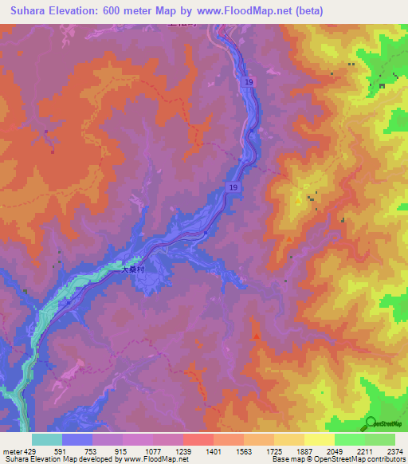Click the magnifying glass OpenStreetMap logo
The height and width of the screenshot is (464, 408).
tap(371, 422)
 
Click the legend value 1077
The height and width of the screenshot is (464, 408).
tap(153, 450)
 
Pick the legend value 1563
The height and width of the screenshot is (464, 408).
tap(244, 450)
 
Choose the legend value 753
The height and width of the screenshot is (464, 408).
tap(92, 450)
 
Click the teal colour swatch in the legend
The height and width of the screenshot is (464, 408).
tap(46, 439)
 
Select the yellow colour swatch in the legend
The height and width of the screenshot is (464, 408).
tap(319, 439)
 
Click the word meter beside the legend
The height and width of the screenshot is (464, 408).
tap(11, 450)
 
